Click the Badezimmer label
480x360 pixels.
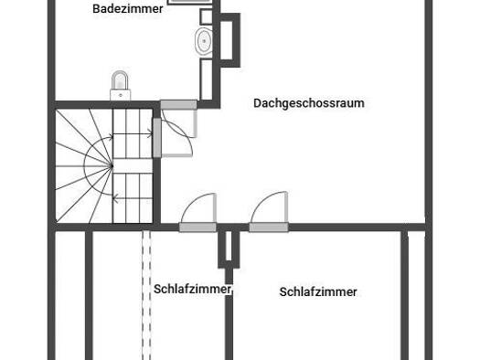coord(128,9)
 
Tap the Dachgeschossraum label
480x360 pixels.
coord(309,103)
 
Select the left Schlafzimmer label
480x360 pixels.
coord(192,289)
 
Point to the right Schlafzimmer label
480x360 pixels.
coord(318,291)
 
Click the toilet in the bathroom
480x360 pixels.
coord(121,86)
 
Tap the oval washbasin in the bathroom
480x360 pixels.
coord(204,41)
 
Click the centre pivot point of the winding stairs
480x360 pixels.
coord(112,166)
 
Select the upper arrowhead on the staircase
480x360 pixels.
coord(150,133)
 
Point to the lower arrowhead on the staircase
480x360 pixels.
coord(115,198)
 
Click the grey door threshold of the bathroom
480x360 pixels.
coord(179,105)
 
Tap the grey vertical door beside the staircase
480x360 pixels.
coord(156,138)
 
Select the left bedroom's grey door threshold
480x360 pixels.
coord(197,228)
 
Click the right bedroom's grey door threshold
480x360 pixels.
coord(269,228)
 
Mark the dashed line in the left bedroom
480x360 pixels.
coord(146,295)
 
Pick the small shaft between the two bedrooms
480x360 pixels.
coord(229,249)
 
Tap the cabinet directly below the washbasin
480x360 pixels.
coord(207,79)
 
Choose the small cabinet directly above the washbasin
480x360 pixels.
coord(206,16)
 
